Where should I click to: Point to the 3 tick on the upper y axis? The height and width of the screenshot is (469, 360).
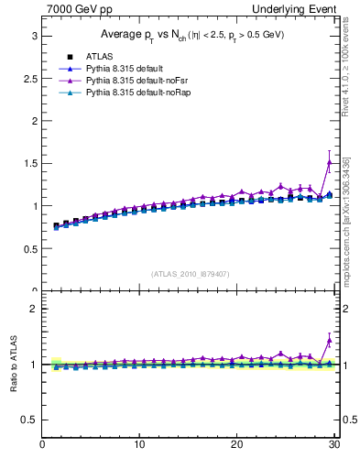[x=33, y=35]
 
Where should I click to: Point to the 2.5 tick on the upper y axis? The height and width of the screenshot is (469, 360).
[x=29, y=78]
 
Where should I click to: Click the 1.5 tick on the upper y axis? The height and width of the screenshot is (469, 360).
[x=29, y=163]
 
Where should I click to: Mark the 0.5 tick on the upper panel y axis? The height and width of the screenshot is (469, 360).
[x=29, y=248]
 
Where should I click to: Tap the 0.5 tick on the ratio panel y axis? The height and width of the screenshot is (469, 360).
[x=29, y=420]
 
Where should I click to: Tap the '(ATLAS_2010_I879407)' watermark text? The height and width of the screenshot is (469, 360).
[x=190, y=273]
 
